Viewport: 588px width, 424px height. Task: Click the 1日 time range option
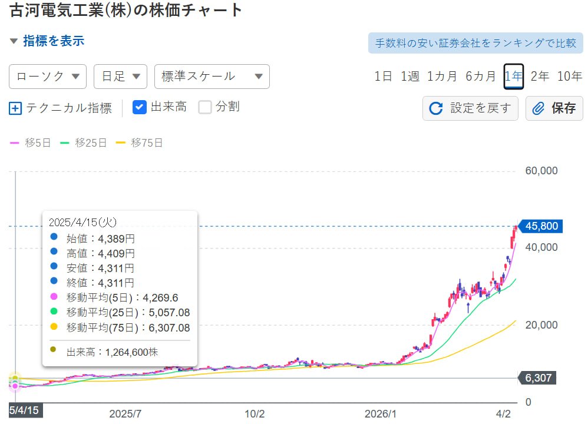coord(383,76)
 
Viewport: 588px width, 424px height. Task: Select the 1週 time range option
coord(410,76)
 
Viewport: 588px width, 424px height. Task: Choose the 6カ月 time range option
coord(481,76)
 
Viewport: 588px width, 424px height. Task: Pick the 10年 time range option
coord(569,76)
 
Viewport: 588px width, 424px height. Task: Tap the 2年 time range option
coord(540,76)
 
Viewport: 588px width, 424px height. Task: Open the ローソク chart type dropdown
coord(48,77)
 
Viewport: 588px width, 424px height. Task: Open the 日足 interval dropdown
coord(120,77)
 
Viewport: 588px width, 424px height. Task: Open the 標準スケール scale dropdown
coord(212,77)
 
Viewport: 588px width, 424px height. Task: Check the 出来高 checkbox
coord(140,107)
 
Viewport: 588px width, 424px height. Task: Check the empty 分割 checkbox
coord(205,107)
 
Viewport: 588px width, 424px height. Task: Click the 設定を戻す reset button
coord(470,108)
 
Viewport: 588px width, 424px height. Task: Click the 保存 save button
coord(554,108)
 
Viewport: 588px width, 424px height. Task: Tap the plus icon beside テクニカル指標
coord(16,108)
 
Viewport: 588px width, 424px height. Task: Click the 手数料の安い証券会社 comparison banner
coord(475,44)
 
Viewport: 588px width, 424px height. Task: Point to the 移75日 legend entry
coord(139,143)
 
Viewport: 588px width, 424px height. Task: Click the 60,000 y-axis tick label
coord(541,171)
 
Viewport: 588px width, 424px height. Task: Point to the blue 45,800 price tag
coord(541,226)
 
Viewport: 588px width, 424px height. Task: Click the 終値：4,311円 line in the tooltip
coord(100,283)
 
